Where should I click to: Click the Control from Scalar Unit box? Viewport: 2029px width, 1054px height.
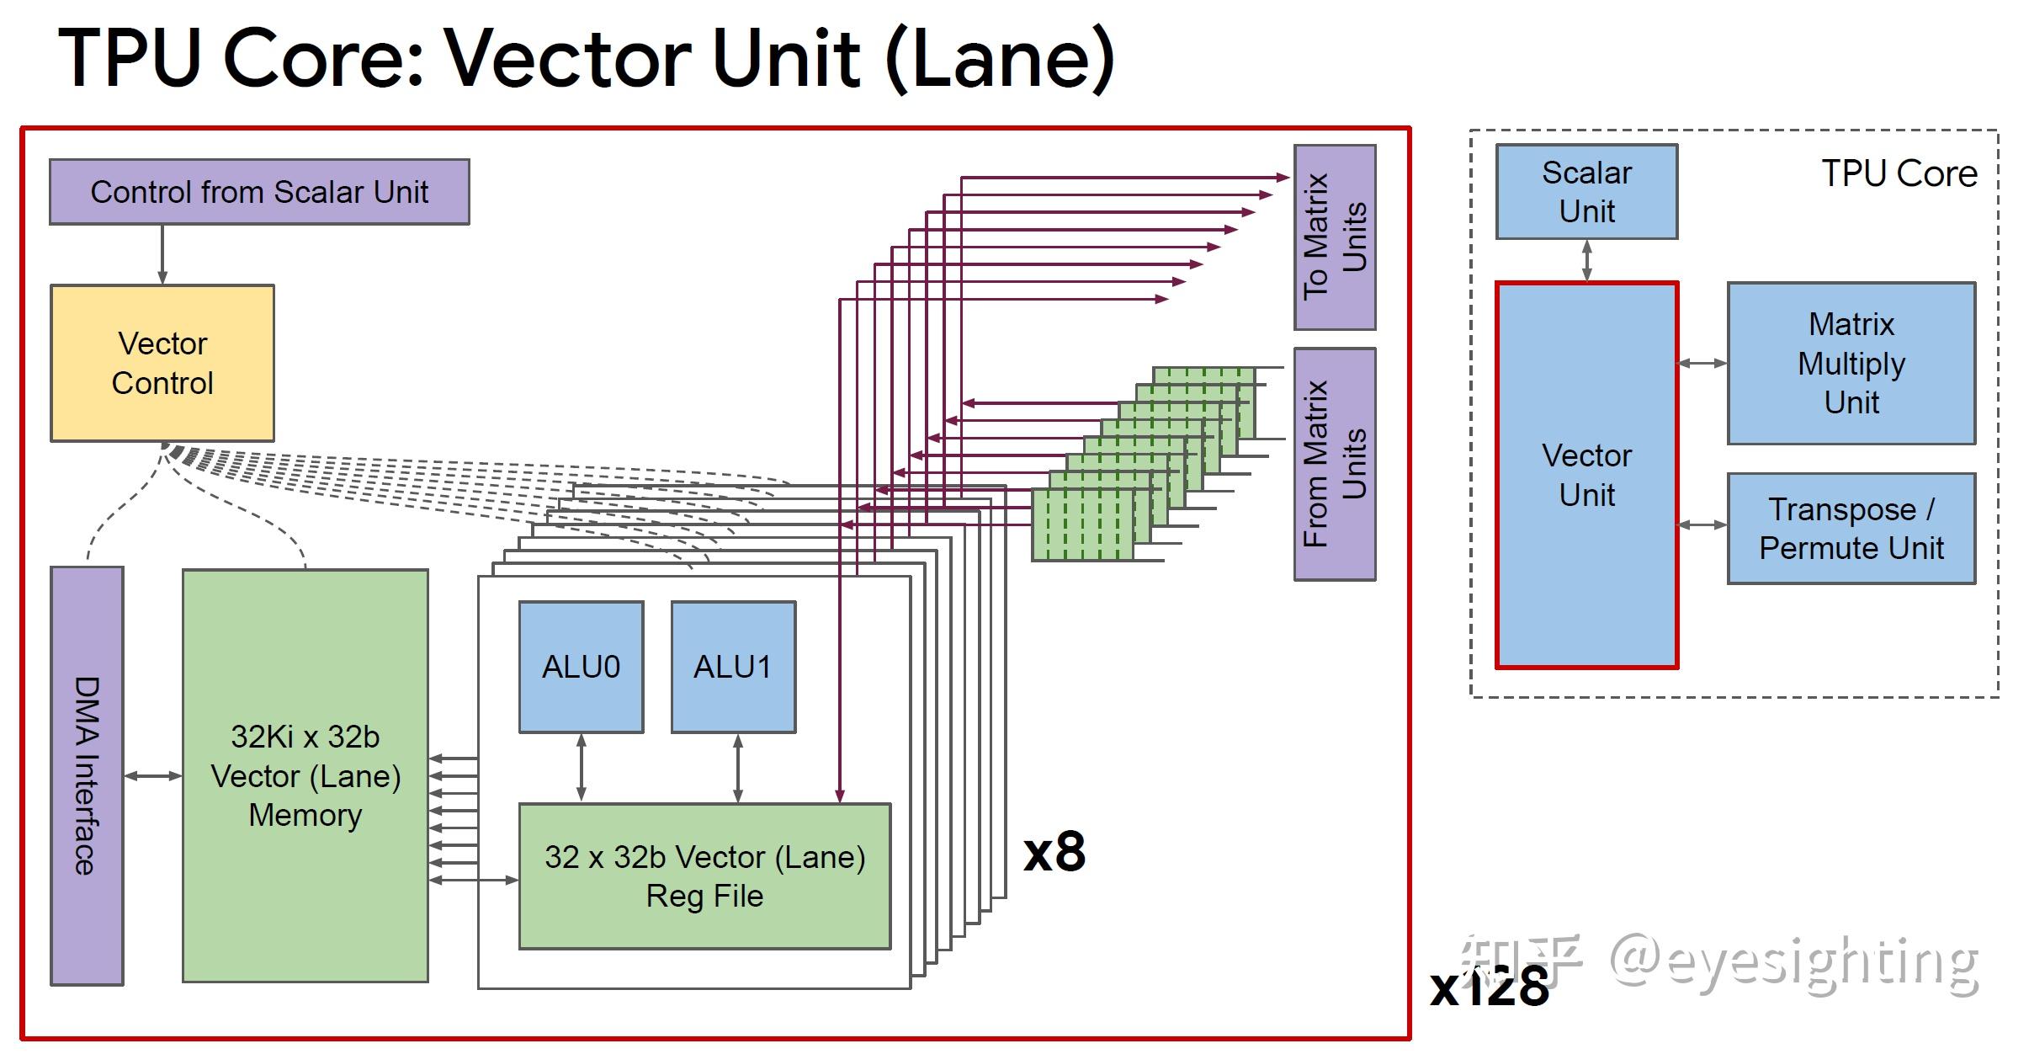(259, 192)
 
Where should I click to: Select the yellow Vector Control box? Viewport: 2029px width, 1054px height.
(162, 363)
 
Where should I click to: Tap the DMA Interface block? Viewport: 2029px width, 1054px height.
(87, 775)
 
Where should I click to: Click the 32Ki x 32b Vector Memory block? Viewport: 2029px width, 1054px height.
(305, 775)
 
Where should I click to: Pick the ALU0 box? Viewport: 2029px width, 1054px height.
(581, 667)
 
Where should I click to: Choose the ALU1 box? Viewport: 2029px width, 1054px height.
(733, 667)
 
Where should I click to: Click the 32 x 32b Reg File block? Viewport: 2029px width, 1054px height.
(704, 876)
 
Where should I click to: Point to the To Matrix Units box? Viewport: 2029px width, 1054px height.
(1335, 237)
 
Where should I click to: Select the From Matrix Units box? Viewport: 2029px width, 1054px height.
(1335, 464)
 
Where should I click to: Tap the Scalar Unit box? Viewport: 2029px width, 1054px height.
(1586, 192)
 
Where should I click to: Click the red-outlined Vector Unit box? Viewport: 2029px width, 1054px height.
(1586, 475)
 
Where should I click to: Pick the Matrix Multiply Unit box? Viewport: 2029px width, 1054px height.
(1851, 363)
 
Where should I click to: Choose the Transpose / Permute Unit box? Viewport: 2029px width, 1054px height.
(1851, 529)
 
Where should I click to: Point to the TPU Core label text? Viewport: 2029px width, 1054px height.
(1899, 173)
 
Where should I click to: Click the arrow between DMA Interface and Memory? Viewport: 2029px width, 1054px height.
(153, 775)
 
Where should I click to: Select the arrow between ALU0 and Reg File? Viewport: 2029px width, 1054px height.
(581, 768)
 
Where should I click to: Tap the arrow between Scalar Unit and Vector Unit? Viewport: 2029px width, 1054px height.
(1586, 261)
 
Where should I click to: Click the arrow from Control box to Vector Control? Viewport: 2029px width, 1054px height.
(162, 255)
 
